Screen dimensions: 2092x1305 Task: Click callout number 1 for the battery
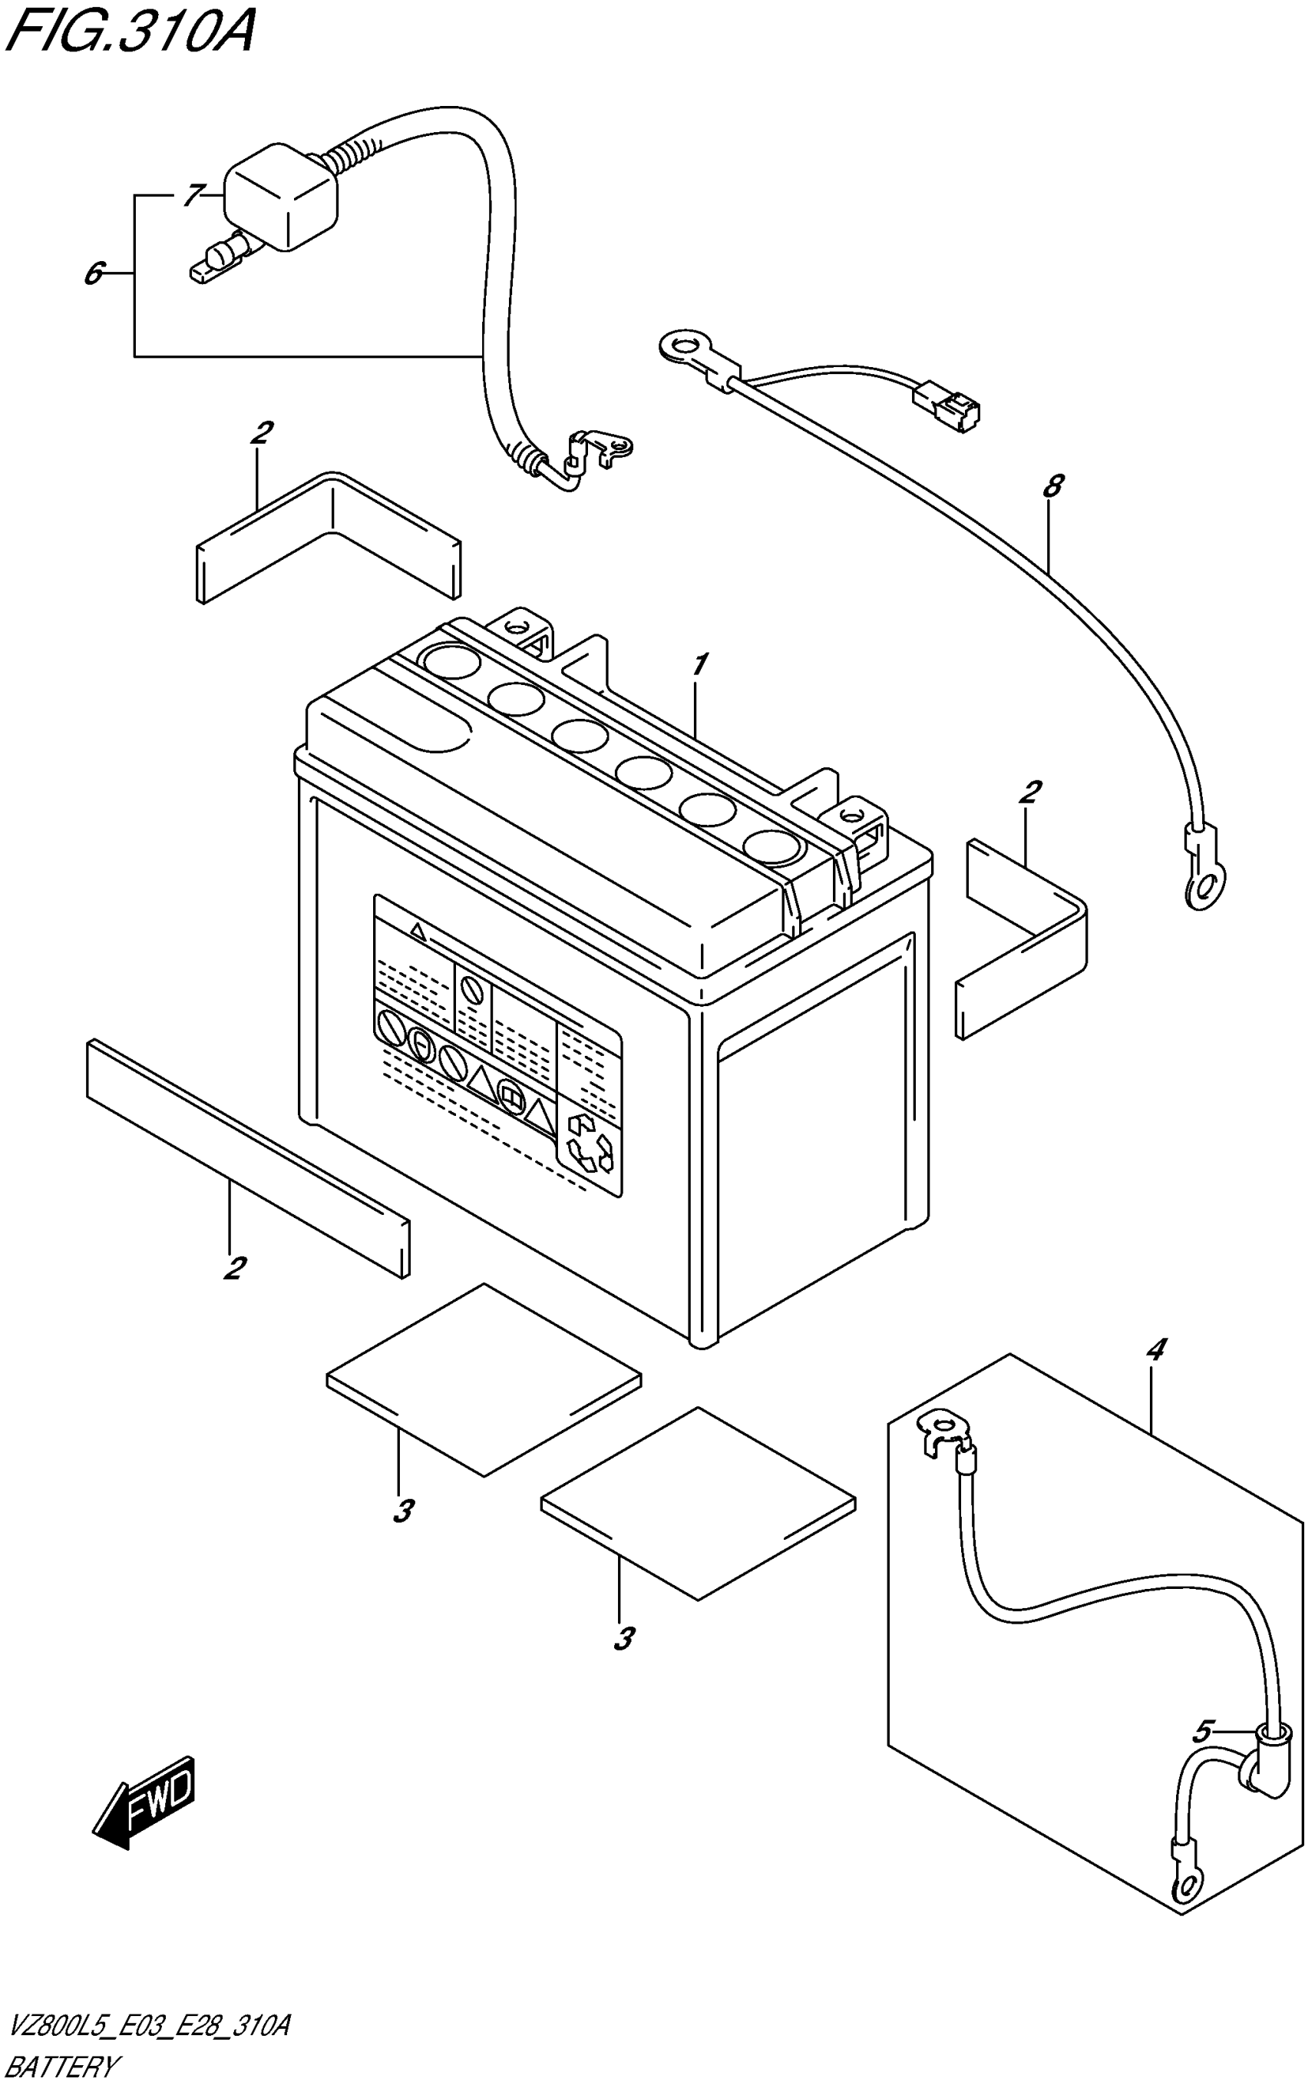tap(700, 665)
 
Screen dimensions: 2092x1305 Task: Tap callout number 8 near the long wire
tap(1052, 486)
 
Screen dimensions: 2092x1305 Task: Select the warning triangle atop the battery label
tap(418, 931)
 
